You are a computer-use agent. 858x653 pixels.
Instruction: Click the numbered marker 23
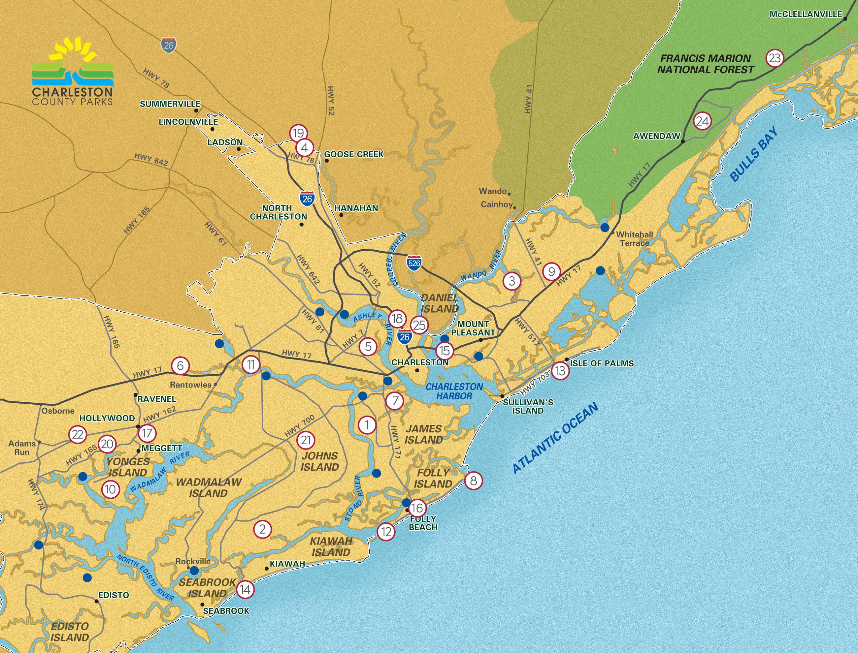775,58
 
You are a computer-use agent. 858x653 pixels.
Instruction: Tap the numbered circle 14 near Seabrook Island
245,589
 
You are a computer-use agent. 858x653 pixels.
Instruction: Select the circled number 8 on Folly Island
473,481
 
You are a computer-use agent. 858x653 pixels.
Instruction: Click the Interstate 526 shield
414,263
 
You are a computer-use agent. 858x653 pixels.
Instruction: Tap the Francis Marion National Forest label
706,64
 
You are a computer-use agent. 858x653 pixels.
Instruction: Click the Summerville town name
170,104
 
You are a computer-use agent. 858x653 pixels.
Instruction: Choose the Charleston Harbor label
454,391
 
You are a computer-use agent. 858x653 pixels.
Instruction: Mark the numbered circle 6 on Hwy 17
180,365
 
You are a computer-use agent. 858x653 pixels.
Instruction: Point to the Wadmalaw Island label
209,488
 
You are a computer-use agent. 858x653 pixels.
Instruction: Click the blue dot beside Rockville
194,570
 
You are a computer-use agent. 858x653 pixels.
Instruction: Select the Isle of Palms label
602,363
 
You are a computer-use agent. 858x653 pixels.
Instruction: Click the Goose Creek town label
353,154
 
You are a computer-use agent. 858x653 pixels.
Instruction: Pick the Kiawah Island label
331,546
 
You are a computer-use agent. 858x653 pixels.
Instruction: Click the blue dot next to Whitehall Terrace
605,227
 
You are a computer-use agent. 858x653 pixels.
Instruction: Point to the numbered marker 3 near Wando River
512,281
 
